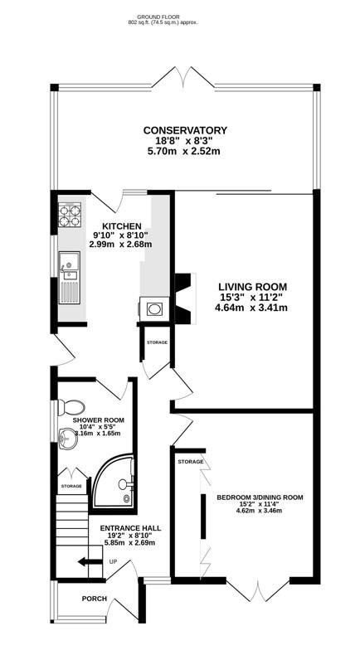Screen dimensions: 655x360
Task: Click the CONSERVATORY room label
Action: click(x=185, y=130)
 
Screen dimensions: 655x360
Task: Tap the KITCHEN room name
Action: click(x=121, y=226)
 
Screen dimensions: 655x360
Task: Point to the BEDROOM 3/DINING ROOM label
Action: click(x=260, y=497)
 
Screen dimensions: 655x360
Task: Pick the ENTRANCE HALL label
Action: click(x=130, y=527)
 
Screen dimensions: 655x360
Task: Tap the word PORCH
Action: click(x=95, y=598)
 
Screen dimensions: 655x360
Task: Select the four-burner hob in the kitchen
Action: click(x=70, y=216)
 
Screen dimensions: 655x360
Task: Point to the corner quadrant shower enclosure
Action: click(x=117, y=484)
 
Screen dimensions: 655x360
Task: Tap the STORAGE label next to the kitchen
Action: click(x=157, y=342)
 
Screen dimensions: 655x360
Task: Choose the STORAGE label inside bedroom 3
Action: click(x=191, y=461)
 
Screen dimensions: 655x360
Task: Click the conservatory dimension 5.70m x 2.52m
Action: click(x=185, y=153)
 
